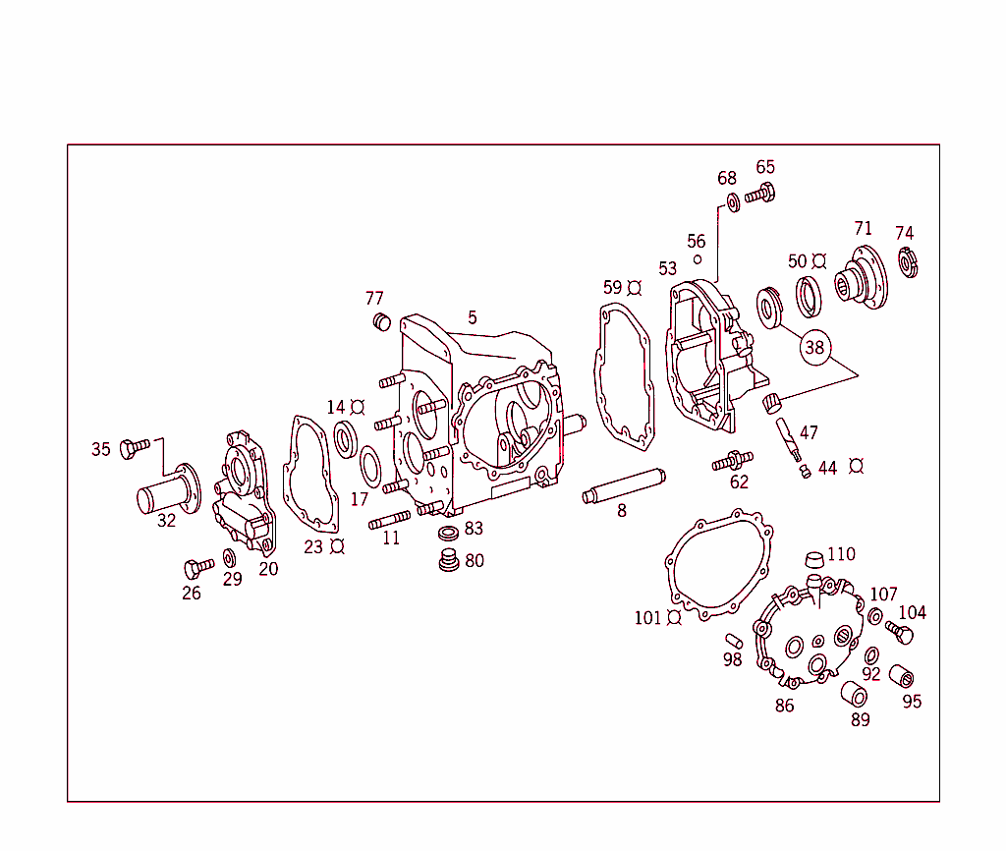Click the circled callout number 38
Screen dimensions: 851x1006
(x=814, y=347)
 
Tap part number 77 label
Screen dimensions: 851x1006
(x=374, y=299)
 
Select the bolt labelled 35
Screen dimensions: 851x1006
(x=134, y=448)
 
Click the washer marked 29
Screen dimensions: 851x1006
(x=229, y=558)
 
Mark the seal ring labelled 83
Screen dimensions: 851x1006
(x=448, y=533)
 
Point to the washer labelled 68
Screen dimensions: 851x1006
(x=733, y=203)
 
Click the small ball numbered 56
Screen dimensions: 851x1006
(x=697, y=259)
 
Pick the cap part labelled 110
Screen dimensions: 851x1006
(x=812, y=561)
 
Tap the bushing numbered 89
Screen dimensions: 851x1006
(x=853, y=694)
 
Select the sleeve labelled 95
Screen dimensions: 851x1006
(x=902, y=676)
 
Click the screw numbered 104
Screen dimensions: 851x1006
(x=899, y=632)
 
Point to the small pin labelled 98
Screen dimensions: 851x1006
(x=733, y=641)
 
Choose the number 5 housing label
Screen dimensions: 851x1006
(x=473, y=317)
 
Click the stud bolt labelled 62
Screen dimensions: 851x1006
(x=732, y=460)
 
